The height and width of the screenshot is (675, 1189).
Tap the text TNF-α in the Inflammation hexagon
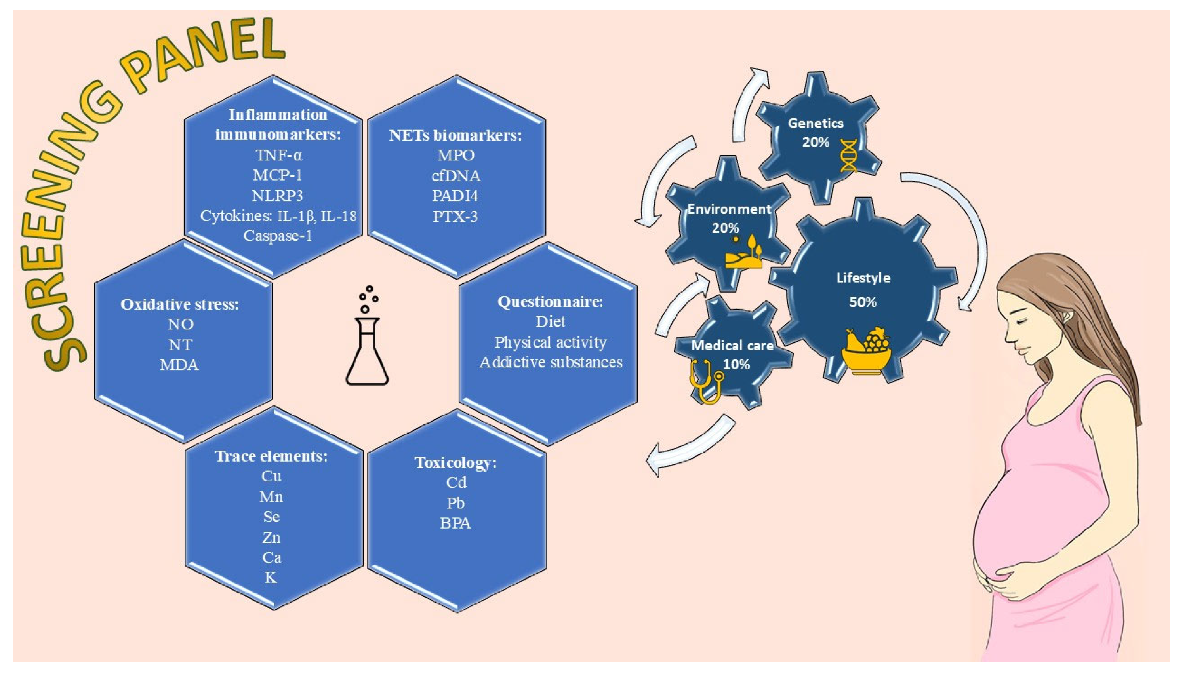(x=278, y=155)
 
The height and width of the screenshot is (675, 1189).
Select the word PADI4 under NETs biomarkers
(x=455, y=196)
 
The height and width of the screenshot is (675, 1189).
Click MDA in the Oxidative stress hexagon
(x=179, y=365)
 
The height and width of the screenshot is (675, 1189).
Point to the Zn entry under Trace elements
(x=271, y=537)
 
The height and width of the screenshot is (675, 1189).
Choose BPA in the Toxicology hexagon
(x=455, y=523)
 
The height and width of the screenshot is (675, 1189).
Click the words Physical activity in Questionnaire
(x=551, y=342)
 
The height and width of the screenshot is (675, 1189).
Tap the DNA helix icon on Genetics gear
(x=849, y=155)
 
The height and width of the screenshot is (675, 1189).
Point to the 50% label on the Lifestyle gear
(x=863, y=302)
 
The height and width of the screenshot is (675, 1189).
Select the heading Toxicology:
(x=455, y=463)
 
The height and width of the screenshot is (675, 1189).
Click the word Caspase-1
(x=278, y=236)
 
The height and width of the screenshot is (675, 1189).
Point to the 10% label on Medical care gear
(x=736, y=365)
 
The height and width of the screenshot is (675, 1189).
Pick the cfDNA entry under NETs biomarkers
(x=456, y=176)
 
